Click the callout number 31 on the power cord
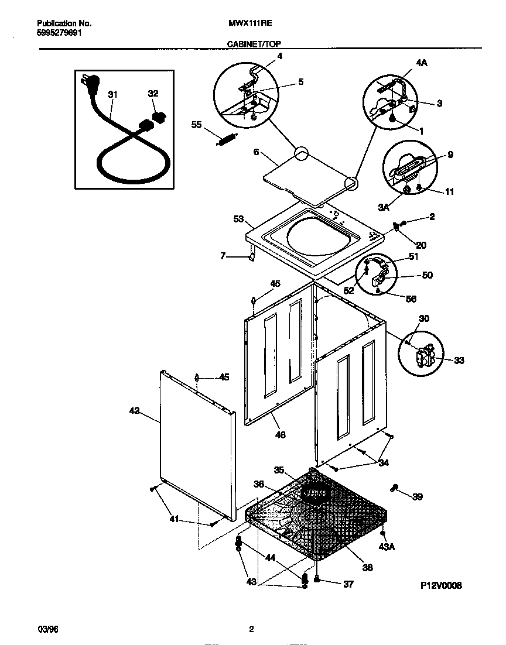[113, 94]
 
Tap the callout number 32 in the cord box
[153, 94]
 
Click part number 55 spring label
[197, 124]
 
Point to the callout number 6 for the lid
[255, 152]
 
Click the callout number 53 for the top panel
[239, 219]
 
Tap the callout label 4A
[421, 63]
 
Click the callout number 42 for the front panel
[134, 411]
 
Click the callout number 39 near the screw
[417, 497]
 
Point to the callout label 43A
[387, 547]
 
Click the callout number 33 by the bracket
[459, 361]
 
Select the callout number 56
[411, 299]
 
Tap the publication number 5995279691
[59, 33]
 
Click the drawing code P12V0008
[441, 585]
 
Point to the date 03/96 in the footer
[48, 630]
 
